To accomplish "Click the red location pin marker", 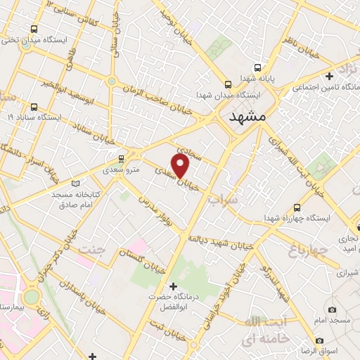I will click(181, 165).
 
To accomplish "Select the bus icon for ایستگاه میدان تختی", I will click(34, 30).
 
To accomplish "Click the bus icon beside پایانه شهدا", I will click(258, 67).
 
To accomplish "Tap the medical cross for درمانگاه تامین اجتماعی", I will click(328, 76).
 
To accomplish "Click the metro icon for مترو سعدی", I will click(122, 158).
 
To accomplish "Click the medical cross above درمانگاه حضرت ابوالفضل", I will click(172, 286).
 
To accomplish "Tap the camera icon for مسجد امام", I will click(332, 309).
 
